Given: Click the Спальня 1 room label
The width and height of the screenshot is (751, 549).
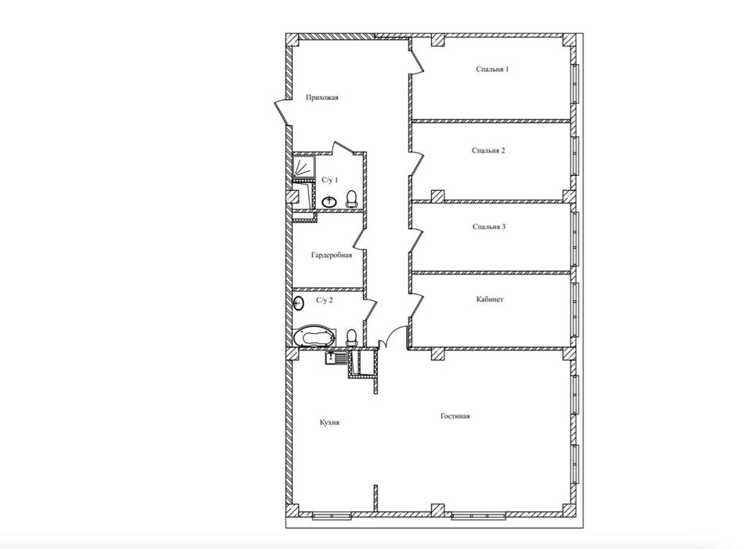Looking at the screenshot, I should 493,70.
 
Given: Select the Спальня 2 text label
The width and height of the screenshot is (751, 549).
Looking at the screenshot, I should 489,150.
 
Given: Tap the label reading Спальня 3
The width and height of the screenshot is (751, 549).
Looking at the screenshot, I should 489,227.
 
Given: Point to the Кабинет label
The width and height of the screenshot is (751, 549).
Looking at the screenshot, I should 490,300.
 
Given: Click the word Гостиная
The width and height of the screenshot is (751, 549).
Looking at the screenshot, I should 455,416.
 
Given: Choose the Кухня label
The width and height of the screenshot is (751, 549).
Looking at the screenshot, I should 329,422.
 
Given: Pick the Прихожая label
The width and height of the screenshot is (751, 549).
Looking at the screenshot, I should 322,98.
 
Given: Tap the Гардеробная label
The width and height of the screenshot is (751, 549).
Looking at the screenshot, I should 331,255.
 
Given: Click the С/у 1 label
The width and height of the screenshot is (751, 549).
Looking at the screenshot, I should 329,180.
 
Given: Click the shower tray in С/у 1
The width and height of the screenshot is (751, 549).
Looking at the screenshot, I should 304,167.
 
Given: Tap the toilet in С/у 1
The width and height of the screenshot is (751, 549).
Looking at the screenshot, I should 351,197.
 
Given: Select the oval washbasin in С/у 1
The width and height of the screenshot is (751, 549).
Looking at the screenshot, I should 329,200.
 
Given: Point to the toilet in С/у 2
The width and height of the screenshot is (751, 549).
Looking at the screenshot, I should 352,336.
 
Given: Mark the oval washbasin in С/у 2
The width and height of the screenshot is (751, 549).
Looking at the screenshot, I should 299,303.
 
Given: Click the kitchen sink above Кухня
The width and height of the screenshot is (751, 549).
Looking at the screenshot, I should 337,359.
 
